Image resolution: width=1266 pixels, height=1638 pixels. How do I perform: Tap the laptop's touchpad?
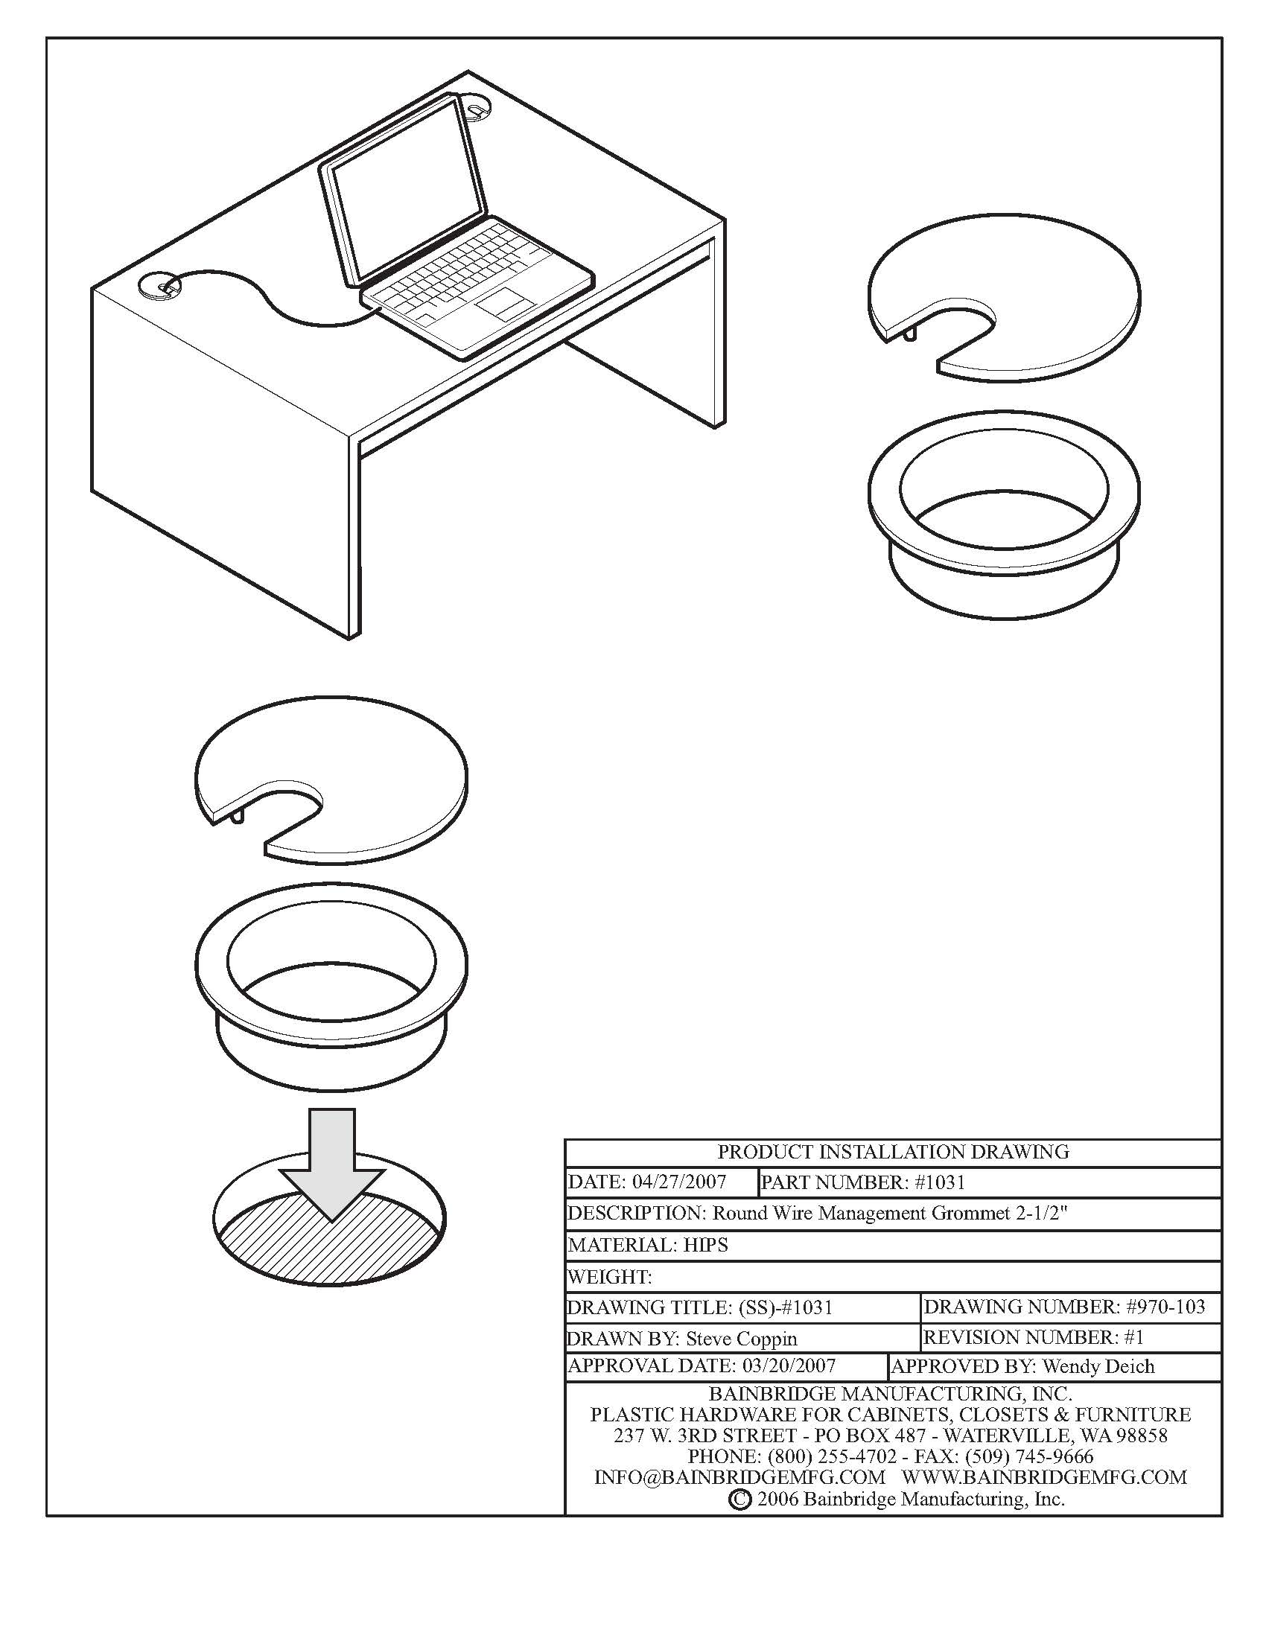click(503, 302)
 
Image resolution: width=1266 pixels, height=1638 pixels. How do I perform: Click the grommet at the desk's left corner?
click(160, 286)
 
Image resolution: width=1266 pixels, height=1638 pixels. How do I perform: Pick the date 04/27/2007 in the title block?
click(678, 1183)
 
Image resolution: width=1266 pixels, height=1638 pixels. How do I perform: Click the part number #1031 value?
click(940, 1183)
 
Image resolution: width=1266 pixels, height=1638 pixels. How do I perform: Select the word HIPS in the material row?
click(706, 1245)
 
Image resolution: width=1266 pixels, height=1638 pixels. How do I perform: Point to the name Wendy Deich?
click(1098, 1366)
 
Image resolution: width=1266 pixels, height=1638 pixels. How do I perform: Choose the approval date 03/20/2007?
click(788, 1365)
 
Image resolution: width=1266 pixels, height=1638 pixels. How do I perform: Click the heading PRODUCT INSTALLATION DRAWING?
click(892, 1152)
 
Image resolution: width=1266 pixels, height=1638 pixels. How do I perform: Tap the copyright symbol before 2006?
click(739, 1500)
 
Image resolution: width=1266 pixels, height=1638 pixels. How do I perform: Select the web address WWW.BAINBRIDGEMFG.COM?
click(1044, 1477)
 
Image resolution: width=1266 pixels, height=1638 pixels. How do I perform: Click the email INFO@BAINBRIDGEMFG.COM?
click(739, 1477)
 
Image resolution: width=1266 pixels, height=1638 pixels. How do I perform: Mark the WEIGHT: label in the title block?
click(609, 1276)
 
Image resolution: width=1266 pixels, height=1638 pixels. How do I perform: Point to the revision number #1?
click(1134, 1337)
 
